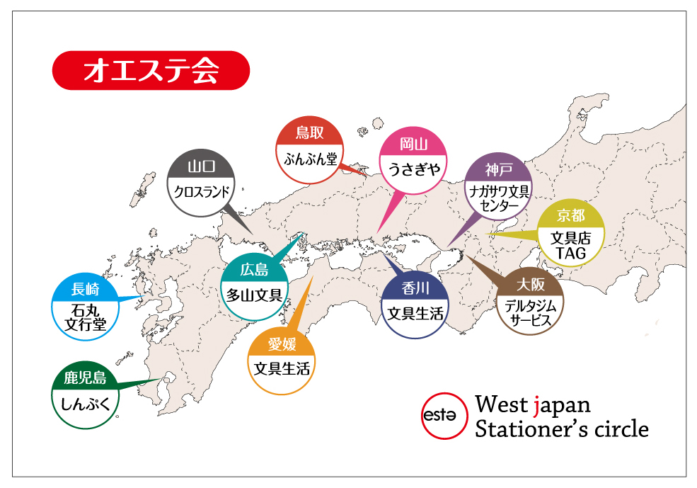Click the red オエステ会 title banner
(x=151, y=70)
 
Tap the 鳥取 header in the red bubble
(x=309, y=132)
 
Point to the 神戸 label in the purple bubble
(x=498, y=169)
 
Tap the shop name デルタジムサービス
(x=530, y=313)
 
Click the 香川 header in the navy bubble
(x=415, y=288)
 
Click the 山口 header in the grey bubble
(x=201, y=167)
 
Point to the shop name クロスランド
(x=201, y=192)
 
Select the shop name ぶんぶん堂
(x=309, y=158)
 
